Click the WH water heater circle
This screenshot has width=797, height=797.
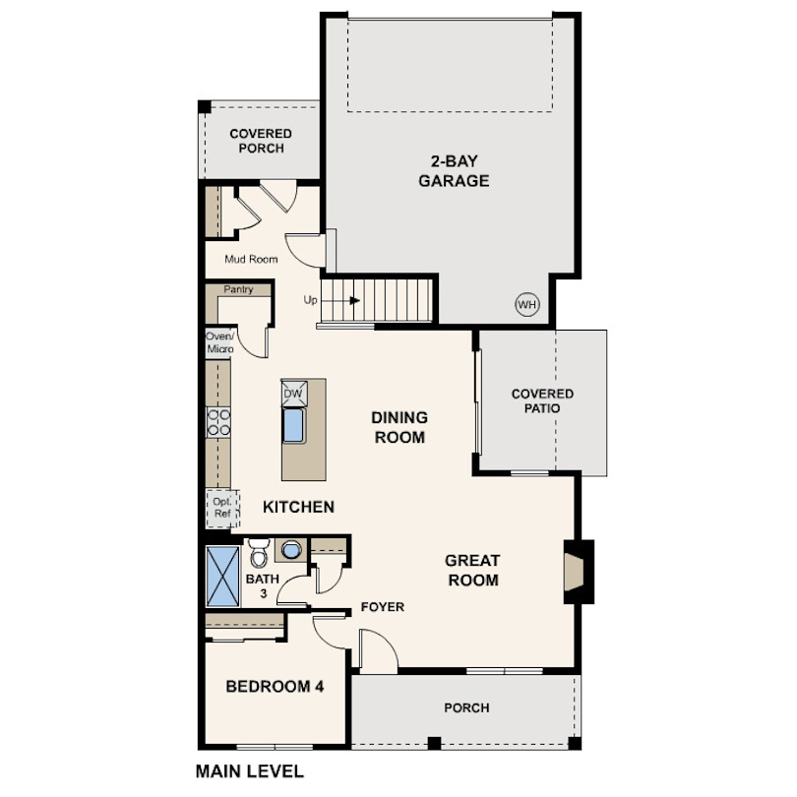(x=527, y=304)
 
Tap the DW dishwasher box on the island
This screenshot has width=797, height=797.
(x=294, y=393)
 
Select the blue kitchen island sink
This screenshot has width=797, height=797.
(x=294, y=425)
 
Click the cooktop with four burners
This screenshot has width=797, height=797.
(x=218, y=422)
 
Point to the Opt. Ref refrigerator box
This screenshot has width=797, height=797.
(x=222, y=509)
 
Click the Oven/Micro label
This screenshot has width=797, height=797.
(x=220, y=342)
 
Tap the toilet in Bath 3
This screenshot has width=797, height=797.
(x=259, y=553)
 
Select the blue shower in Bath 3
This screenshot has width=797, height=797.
(x=223, y=576)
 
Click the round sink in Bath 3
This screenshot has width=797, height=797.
(x=291, y=549)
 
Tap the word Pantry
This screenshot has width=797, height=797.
(x=238, y=289)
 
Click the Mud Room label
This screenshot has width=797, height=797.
(x=251, y=259)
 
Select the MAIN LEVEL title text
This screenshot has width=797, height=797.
(x=250, y=771)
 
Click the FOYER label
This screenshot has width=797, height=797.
(x=383, y=607)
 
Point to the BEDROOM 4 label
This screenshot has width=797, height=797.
(x=275, y=687)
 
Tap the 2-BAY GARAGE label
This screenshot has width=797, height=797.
(x=454, y=171)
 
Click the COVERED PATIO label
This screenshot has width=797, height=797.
(x=542, y=401)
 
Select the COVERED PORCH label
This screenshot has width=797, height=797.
(x=261, y=141)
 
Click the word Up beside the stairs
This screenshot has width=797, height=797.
(x=310, y=300)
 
